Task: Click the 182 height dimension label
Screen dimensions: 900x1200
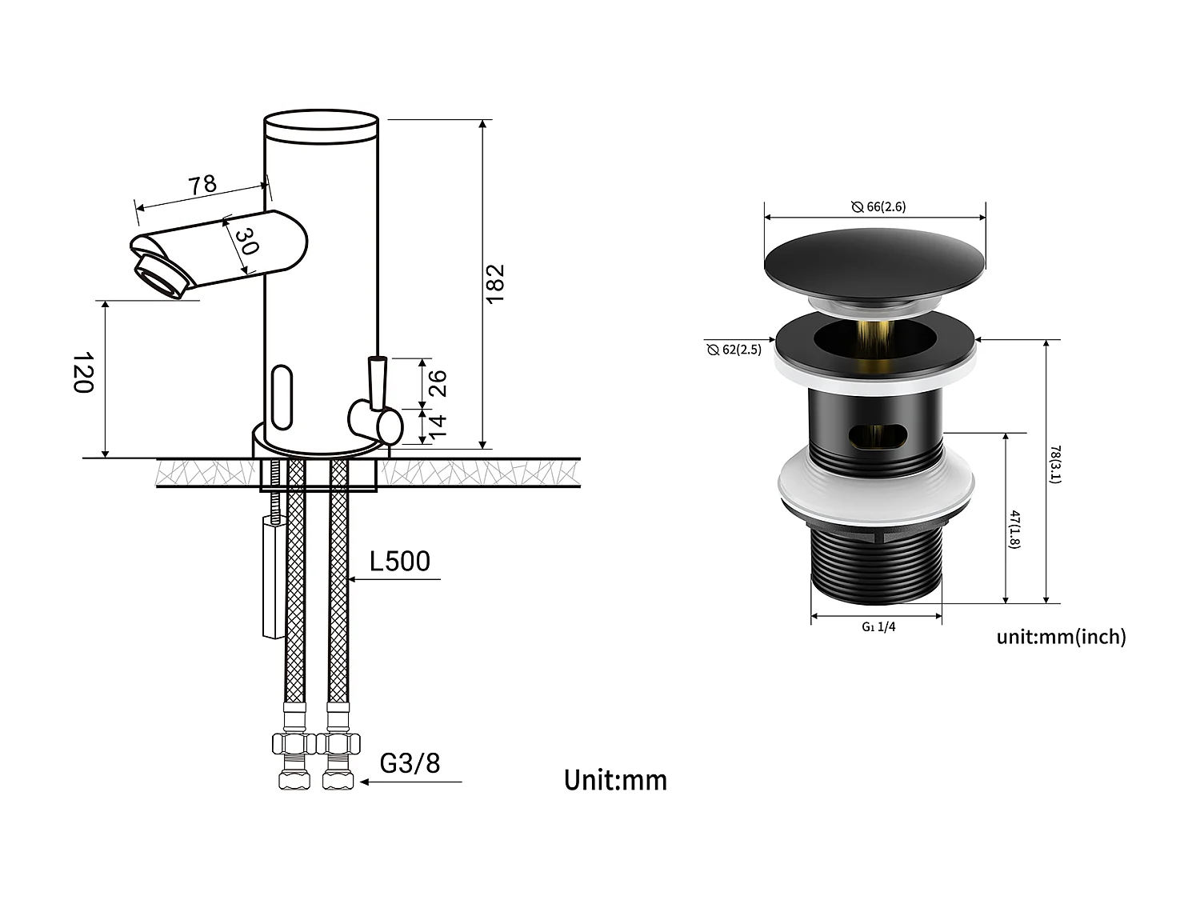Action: click(495, 282)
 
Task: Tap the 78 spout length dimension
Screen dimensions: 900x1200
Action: click(202, 184)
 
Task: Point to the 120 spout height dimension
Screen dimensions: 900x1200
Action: click(83, 372)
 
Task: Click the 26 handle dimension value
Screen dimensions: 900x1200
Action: click(438, 383)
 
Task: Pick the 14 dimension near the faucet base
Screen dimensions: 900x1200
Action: click(438, 425)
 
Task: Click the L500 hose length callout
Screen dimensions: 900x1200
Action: click(399, 562)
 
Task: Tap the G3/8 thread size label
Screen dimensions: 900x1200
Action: click(410, 763)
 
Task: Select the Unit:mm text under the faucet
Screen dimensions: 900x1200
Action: click(614, 780)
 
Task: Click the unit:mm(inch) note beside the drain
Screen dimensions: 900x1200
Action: click(1061, 637)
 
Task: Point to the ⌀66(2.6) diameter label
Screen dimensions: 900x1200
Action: click(878, 206)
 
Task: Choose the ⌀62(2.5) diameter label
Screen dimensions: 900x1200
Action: click(734, 350)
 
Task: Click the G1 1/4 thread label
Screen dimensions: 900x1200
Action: click(878, 627)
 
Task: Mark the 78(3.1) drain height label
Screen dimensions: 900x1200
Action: click(1055, 464)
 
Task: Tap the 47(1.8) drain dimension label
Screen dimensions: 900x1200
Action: click(1014, 529)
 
